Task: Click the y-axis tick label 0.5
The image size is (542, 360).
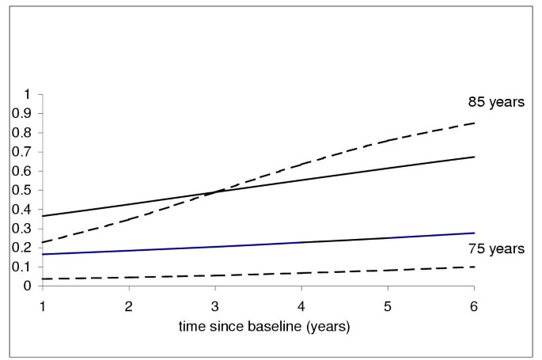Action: (x=22, y=190)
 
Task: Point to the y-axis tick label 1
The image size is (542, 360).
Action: (x=28, y=94)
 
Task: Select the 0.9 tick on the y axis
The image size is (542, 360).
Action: (x=22, y=113)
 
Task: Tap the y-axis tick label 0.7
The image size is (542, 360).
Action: (x=22, y=152)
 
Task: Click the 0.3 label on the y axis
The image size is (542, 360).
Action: (x=22, y=229)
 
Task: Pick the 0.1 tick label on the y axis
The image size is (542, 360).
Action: (x=22, y=267)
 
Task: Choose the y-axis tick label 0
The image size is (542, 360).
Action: (x=28, y=286)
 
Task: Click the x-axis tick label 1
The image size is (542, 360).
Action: (x=42, y=304)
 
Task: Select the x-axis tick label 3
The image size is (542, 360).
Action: (x=215, y=304)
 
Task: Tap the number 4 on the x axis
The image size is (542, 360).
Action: (x=301, y=304)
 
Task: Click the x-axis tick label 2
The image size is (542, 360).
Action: (x=128, y=304)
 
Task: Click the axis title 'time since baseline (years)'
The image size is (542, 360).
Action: (x=258, y=326)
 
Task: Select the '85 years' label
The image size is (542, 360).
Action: (x=495, y=102)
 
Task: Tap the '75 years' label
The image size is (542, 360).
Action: (x=495, y=248)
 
